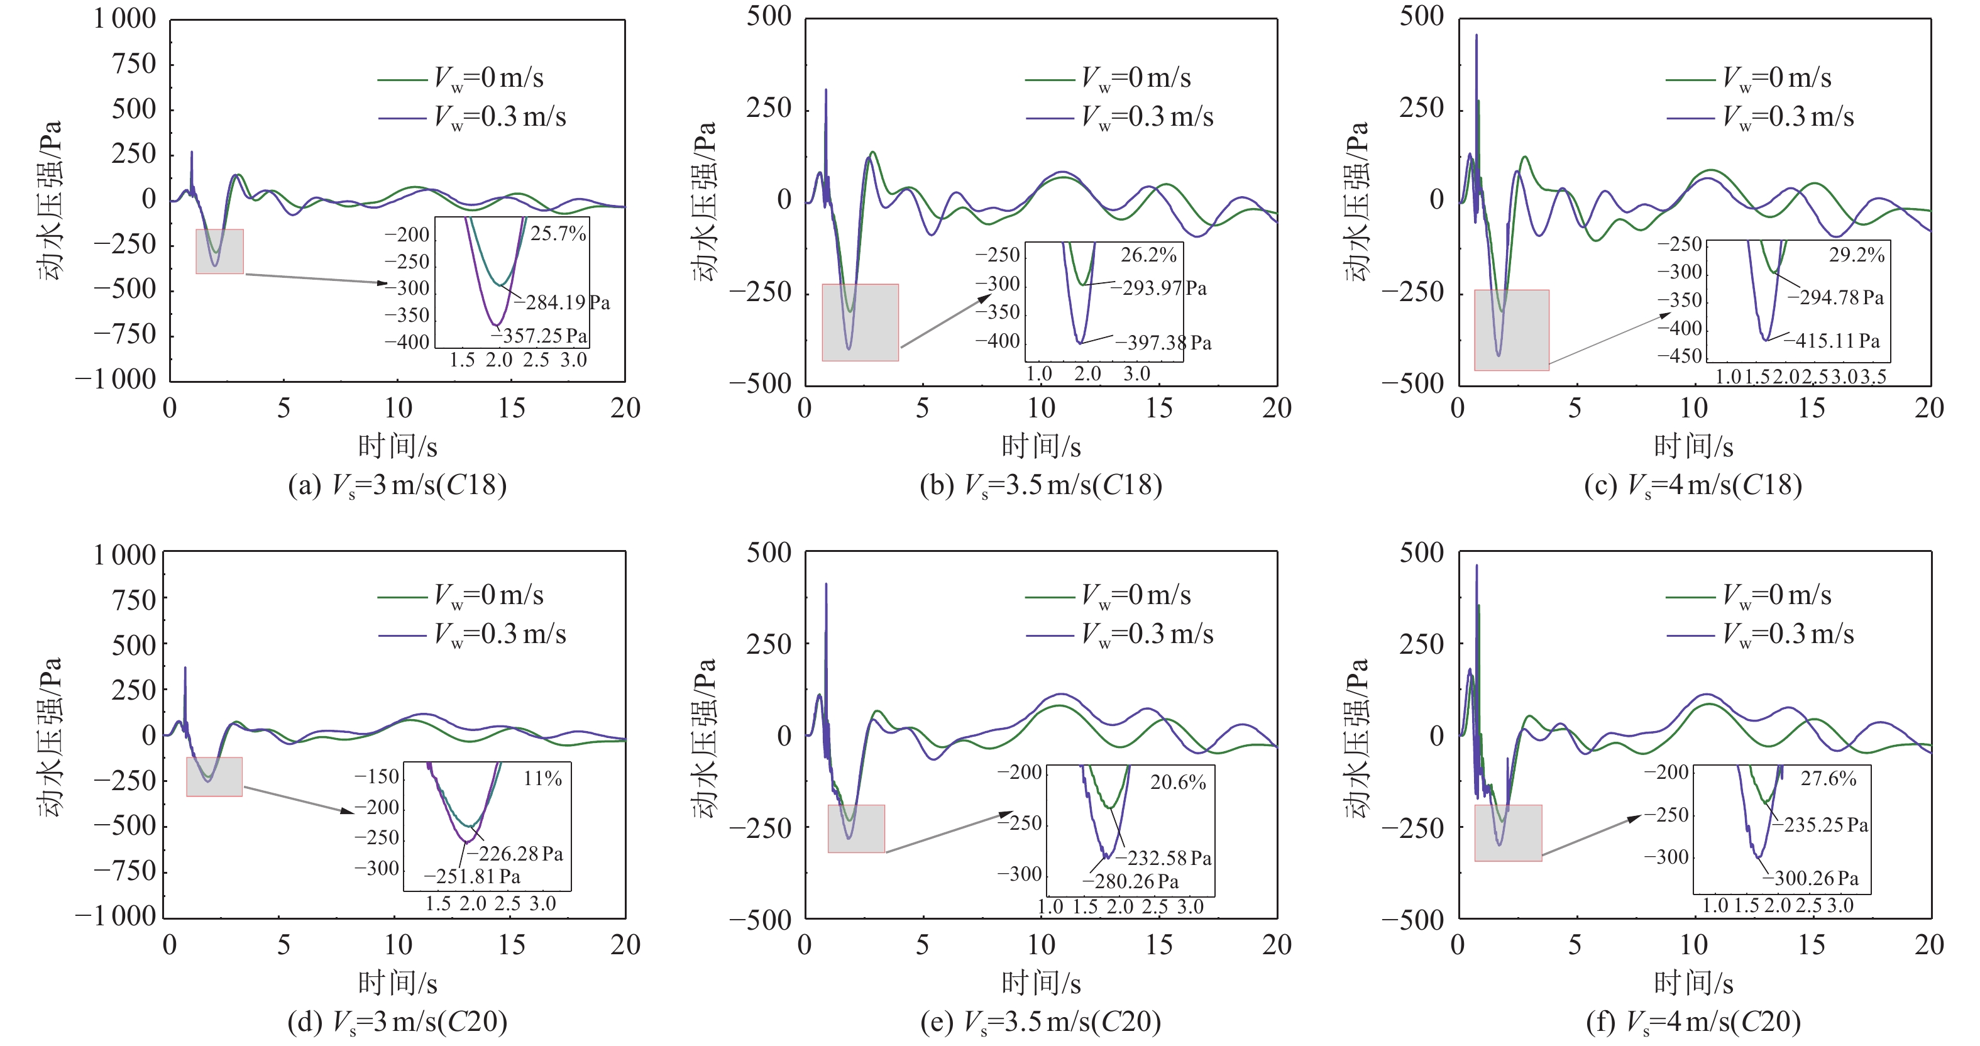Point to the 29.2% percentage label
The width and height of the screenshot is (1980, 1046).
tap(1856, 255)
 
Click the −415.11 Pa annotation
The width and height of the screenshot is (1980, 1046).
tap(1837, 341)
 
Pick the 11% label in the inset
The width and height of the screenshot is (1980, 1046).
tap(542, 779)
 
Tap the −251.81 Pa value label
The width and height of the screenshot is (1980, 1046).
tap(472, 877)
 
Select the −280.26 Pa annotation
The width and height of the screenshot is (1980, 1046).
tap(1130, 881)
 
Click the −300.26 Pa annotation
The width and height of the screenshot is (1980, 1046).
tap(1815, 878)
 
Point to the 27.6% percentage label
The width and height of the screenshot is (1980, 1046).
tap(1828, 779)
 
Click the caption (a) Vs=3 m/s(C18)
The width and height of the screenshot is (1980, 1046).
tap(397, 486)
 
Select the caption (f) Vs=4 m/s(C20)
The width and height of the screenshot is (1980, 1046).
tap(1693, 1022)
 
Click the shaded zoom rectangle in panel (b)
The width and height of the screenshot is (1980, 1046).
tap(860, 323)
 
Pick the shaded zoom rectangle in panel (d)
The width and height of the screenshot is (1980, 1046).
tap(214, 777)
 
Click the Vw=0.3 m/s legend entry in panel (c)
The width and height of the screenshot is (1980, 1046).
tap(1760, 118)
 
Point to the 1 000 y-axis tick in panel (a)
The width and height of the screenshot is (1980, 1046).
tap(124, 19)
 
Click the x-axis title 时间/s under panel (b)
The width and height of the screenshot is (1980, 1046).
tap(1041, 446)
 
